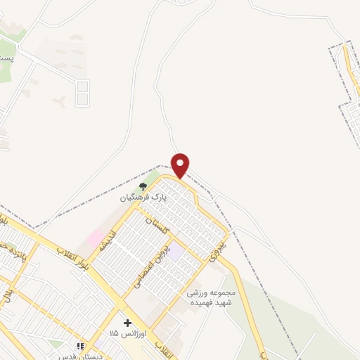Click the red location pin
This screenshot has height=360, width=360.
[181, 165]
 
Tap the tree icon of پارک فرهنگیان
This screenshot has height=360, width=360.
[143, 186]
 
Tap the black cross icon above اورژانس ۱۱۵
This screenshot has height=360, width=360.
[127, 323]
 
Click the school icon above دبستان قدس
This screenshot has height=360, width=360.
[80, 346]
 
